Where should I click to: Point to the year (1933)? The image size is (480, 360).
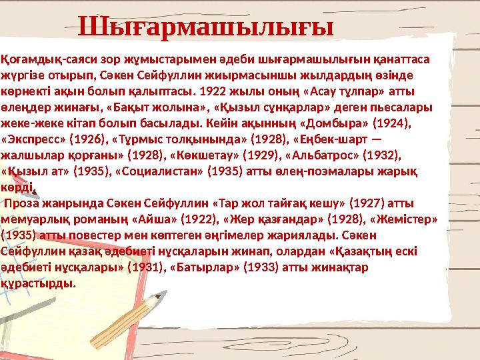click(254, 267)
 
